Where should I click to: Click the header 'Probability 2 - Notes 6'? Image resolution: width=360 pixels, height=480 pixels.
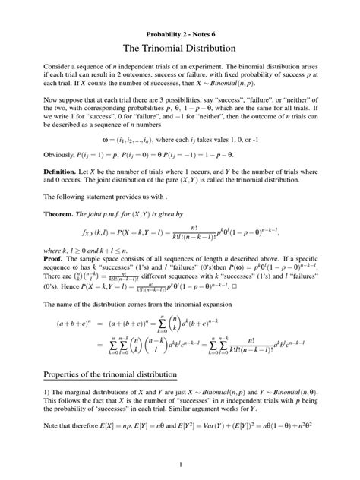click(x=179, y=35)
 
